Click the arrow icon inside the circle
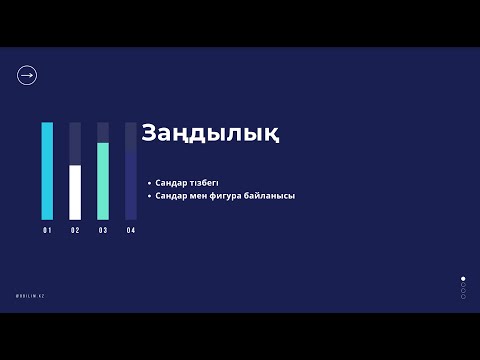click(27, 75)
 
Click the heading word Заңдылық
click(209, 133)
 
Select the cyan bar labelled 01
click(47, 171)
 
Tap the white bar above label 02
click(75, 192)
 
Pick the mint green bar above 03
click(103, 181)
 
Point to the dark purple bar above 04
click(131, 184)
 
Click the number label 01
click(47, 231)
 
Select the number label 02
click(75, 231)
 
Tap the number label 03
click(103, 231)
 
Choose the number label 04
click(131, 231)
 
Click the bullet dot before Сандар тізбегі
click(149, 184)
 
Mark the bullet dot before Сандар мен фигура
click(149, 196)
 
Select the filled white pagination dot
click(463, 279)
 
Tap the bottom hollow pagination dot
click(463, 297)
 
